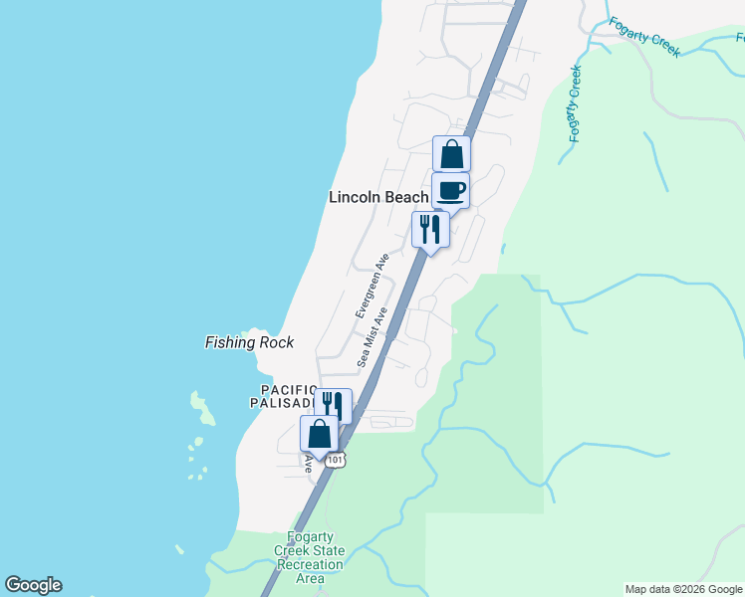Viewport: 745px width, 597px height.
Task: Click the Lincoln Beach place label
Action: pos(378,198)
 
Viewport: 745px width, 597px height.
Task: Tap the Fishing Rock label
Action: pos(249,342)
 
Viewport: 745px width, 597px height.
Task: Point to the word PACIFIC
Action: pos(288,389)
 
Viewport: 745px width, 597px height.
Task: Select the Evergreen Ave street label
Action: pos(372,286)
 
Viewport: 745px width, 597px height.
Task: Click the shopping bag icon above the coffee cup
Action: pos(451,155)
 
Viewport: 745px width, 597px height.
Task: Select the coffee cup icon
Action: pos(450,190)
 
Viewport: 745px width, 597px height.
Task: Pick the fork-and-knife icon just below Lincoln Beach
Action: pos(430,229)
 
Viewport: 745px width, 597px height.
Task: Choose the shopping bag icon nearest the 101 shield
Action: pos(319,434)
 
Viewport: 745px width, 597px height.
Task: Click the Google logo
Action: pos(33,585)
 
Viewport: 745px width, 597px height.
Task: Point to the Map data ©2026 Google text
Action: pos(683,589)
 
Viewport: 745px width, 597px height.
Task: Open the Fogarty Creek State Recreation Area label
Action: pos(310,558)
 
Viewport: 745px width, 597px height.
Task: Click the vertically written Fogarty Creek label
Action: pos(576,103)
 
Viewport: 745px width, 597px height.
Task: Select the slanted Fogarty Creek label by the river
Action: pos(644,37)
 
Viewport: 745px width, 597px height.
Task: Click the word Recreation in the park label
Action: pos(310,564)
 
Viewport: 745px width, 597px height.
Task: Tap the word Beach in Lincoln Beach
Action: pos(406,198)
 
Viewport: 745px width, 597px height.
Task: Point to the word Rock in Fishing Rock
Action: pos(275,342)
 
